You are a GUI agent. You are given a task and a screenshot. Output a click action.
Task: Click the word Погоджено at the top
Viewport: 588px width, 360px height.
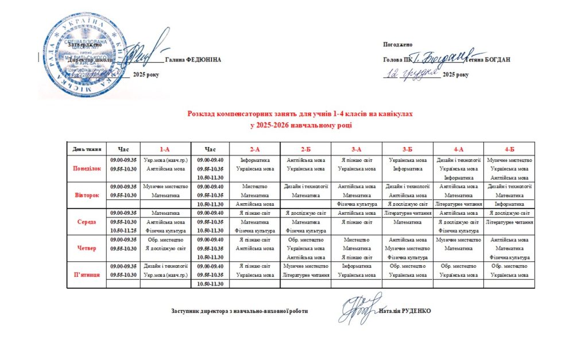(397, 45)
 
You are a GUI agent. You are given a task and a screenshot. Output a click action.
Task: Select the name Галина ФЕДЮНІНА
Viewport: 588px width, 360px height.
(192, 60)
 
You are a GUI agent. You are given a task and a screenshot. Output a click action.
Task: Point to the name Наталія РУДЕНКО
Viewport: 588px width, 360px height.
(405, 311)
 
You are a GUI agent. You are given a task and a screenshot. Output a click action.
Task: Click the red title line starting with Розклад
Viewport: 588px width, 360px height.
(300, 114)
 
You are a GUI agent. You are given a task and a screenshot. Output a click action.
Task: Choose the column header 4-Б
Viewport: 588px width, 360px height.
(509, 149)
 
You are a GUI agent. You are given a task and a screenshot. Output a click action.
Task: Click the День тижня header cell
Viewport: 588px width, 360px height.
(87, 149)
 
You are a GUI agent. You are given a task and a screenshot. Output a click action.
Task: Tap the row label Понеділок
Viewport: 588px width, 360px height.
(87, 169)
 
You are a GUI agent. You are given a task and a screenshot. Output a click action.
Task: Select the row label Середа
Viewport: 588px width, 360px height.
(87, 222)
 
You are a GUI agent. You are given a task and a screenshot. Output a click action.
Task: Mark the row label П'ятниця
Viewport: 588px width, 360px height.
(87, 275)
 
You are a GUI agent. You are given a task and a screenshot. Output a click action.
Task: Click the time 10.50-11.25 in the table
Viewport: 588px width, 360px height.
(123, 230)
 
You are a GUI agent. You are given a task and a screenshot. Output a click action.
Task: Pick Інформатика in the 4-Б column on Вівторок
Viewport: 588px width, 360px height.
(509, 204)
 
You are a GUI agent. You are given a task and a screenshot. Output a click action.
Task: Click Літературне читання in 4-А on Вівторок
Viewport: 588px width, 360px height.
(458, 204)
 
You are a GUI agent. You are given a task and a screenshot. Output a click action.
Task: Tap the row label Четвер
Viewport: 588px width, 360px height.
(87, 248)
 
